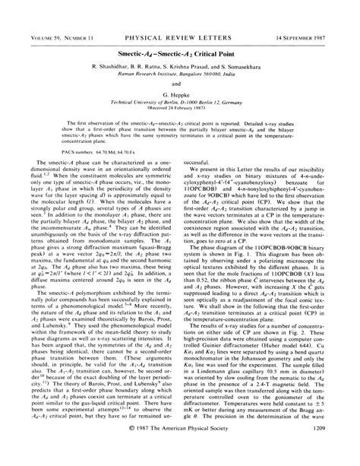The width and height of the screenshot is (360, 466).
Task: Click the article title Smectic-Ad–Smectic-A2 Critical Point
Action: pos(180,35)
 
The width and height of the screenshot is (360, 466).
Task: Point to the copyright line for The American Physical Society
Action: pos(180,450)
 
